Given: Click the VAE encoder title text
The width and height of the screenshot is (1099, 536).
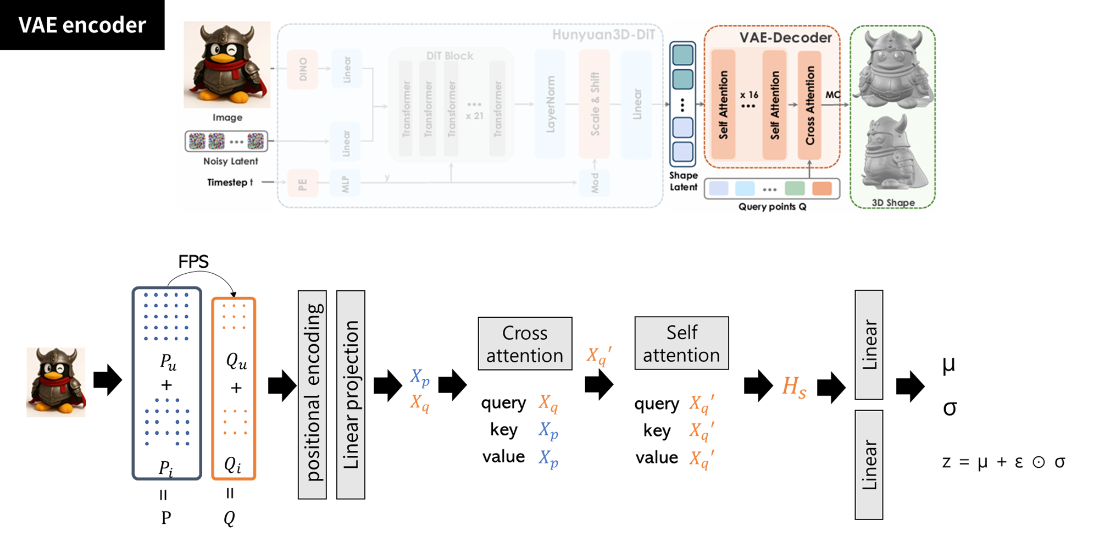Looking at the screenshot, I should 82,25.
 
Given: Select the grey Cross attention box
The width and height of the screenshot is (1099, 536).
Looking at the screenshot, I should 525,344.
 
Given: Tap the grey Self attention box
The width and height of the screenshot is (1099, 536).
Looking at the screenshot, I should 681,343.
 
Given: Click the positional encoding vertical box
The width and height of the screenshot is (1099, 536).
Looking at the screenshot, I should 312,394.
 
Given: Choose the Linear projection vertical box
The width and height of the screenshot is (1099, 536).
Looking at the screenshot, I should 351,394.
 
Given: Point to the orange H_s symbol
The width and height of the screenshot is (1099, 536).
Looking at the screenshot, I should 794,387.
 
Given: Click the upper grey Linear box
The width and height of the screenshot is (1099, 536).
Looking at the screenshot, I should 869,345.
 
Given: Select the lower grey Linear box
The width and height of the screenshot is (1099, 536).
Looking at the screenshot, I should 869,465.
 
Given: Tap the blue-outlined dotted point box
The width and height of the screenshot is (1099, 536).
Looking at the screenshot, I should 167,383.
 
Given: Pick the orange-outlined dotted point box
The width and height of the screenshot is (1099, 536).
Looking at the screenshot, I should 234,388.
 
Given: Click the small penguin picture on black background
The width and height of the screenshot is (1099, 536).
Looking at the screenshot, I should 56,382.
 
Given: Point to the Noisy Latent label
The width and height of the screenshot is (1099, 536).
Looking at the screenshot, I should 230,161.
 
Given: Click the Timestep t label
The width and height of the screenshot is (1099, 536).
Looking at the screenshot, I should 230,182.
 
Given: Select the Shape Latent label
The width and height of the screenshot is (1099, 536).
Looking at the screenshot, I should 683,181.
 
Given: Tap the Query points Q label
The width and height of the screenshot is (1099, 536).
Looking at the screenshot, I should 772,207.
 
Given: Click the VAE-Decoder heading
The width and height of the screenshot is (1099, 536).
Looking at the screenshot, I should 785,37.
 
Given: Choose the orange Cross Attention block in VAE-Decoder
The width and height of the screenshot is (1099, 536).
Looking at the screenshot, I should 809,105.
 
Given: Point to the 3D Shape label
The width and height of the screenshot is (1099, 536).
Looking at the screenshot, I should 893,202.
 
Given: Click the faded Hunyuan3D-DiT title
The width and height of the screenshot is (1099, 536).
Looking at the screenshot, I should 603,35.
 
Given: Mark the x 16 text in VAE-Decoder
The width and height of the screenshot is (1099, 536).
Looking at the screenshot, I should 748,95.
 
